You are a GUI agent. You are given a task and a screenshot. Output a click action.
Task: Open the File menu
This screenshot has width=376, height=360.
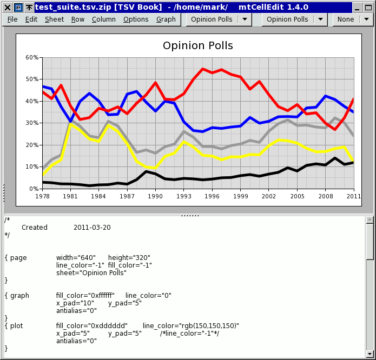coord(12,19)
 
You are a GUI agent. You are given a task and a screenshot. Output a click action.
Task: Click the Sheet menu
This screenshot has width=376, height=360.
coord(55,19)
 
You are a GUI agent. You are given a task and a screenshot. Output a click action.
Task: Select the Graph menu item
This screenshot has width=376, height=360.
coord(166,19)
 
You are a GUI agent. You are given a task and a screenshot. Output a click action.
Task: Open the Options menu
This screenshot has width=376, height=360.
coord(136,19)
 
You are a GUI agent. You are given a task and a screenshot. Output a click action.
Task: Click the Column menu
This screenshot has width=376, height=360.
coord(104,19)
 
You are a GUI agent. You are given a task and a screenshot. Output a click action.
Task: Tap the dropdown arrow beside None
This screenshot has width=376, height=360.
coord(366,19)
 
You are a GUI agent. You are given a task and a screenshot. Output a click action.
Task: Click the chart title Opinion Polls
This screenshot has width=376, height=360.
coord(198,45)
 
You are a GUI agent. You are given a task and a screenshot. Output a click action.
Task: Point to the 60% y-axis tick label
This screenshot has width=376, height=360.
coord(32,57)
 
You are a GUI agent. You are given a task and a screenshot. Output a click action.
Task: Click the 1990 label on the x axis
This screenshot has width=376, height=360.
coord(155,196)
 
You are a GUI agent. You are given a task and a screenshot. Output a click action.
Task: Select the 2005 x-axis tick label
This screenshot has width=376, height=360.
coord(298,196)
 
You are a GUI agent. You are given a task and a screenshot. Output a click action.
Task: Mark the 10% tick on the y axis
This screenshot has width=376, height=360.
coord(32,166)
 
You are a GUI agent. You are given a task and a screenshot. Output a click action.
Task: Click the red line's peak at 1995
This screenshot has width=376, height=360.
coord(203,69)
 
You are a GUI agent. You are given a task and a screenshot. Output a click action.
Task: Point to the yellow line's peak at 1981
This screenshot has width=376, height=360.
coord(70,124)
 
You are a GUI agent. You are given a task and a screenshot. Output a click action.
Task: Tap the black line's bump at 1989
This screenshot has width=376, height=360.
coord(146,171)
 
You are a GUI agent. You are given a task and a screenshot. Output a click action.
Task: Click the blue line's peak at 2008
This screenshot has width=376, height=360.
coord(326,96)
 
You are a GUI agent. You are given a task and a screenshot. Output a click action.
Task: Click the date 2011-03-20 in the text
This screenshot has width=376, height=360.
coord(92,228)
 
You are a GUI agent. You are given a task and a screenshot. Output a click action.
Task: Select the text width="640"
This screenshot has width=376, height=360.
coord(76,257)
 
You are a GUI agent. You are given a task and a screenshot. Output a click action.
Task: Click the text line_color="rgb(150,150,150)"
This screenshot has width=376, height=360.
coord(191,326)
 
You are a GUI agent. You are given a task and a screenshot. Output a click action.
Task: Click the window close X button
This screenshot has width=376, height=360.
coord(8,8)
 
